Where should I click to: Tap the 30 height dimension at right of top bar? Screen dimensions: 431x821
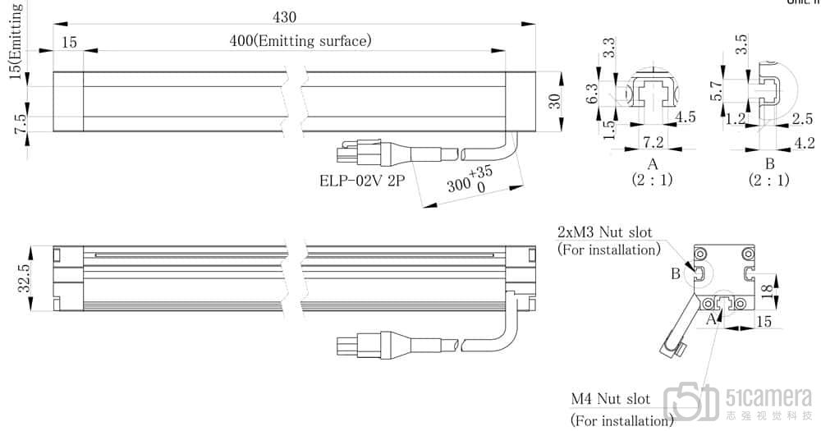point(555,101)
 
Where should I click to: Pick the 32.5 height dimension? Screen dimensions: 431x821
point(25,277)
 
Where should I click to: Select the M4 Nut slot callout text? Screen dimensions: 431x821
point(611,400)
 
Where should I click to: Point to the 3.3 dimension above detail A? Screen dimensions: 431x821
point(609,47)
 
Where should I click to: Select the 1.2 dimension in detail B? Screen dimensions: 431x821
point(736,120)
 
